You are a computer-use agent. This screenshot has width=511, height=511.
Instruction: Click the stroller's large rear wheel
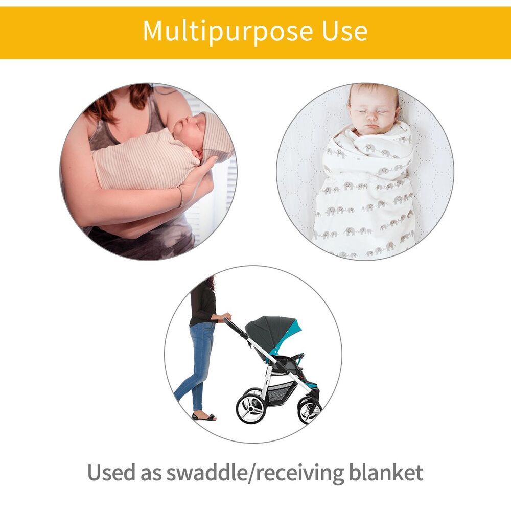[x=250, y=406]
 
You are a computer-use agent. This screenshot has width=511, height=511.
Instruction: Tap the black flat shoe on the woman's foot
[x=203, y=416]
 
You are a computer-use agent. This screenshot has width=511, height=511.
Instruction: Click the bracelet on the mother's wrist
[x=180, y=197]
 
